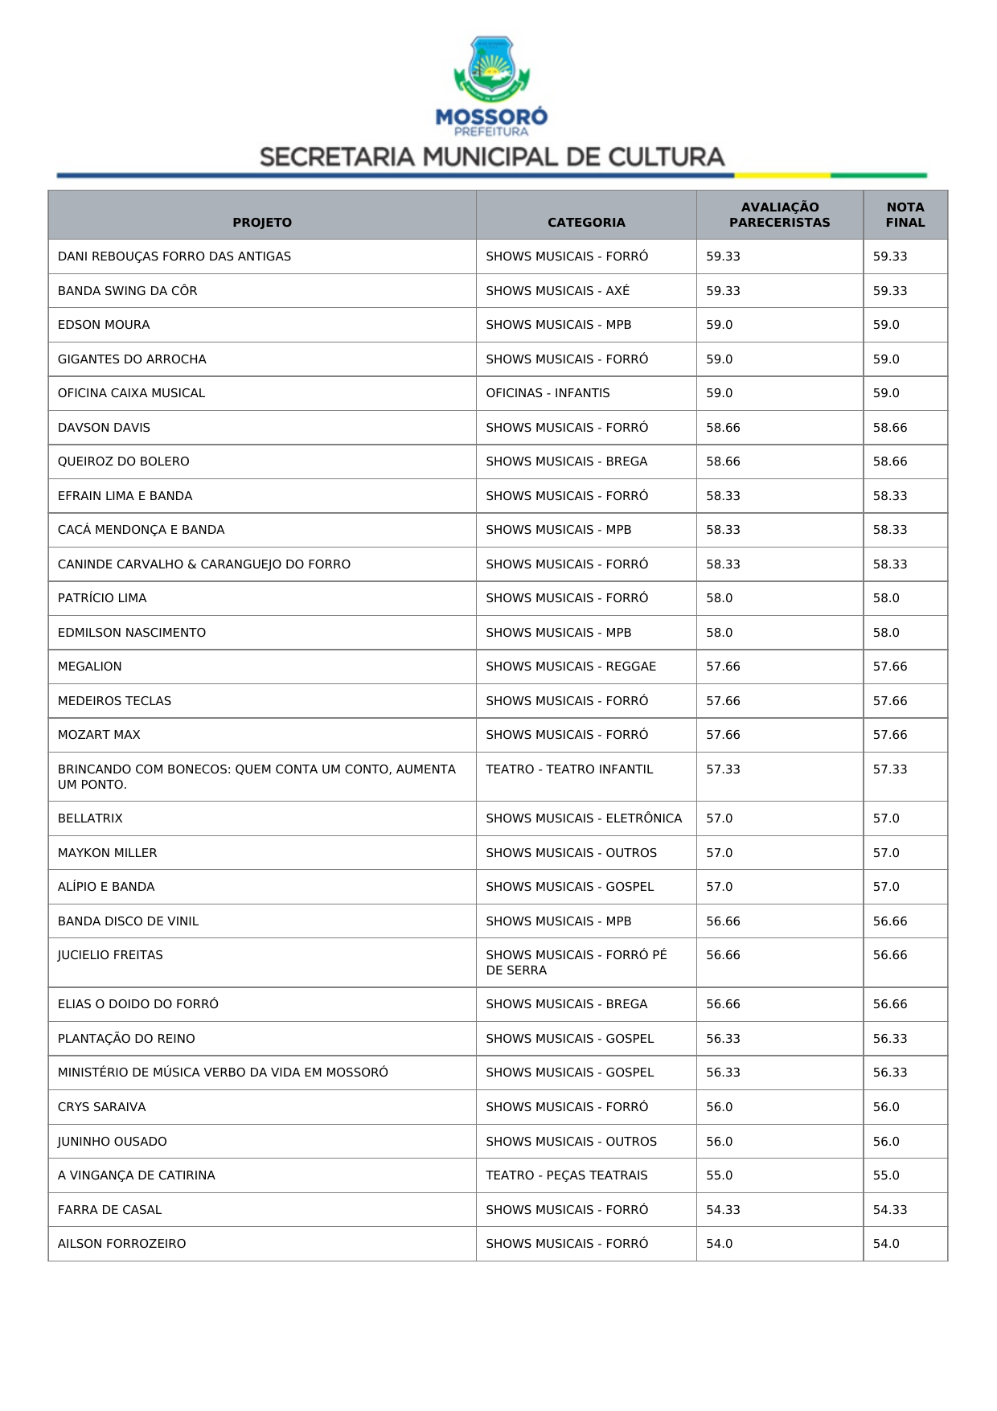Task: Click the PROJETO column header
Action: pyautogui.click(x=262, y=223)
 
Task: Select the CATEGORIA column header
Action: pyautogui.click(x=586, y=223)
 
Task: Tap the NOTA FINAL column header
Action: pyautogui.click(x=905, y=215)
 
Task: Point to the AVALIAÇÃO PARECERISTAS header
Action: pyautogui.click(x=779, y=215)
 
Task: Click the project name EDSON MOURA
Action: pyautogui.click(x=104, y=325)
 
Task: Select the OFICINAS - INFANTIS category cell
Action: pyautogui.click(x=548, y=393)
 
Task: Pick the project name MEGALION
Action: pyautogui.click(x=90, y=667)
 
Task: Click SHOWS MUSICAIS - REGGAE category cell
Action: pyautogui.click(x=571, y=667)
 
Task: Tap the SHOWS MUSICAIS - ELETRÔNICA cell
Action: pyautogui.click(x=584, y=818)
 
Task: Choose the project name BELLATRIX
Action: pyautogui.click(x=90, y=818)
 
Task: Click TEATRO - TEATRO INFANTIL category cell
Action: pyautogui.click(x=569, y=769)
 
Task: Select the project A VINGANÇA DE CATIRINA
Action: pyautogui.click(x=137, y=1175)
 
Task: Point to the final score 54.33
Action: pyautogui.click(x=890, y=1210)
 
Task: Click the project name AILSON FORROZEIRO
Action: pyautogui.click(x=121, y=1244)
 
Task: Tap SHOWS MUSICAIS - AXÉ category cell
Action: pyautogui.click(x=557, y=291)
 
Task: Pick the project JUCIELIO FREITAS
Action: pyautogui.click(x=110, y=955)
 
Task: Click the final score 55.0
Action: pyautogui.click(x=886, y=1175)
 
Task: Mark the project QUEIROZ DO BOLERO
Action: pyautogui.click(x=124, y=461)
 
